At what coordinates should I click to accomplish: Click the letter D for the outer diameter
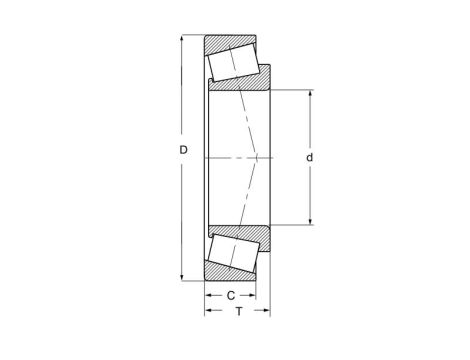tap(183, 152)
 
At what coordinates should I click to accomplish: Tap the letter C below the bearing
tap(230, 295)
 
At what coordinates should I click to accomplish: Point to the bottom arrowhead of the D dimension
tap(181, 279)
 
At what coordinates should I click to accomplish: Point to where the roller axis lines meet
tap(262, 159)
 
